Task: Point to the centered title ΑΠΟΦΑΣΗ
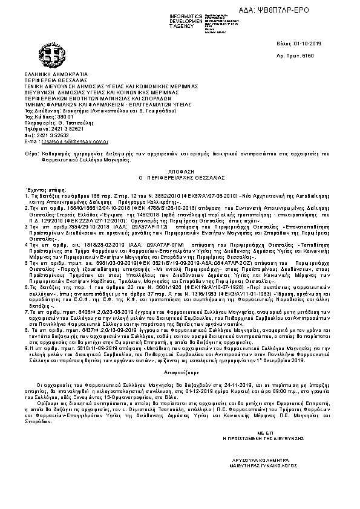tap(180, 171)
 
